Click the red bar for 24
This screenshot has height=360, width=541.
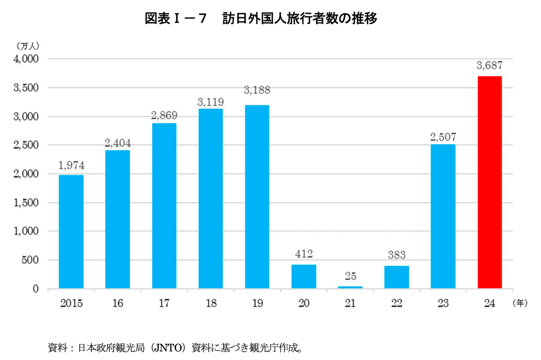coord(489,182)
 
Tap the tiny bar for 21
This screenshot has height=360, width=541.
coord(350,287)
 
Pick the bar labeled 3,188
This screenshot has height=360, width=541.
coord(257,197)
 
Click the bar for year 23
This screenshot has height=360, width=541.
coord(443,217)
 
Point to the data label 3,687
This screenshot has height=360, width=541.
coord(489,66)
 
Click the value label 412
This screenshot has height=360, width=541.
coord(303,254)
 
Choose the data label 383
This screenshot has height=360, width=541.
coord(396,255)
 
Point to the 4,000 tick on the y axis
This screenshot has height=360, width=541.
coord(27,59)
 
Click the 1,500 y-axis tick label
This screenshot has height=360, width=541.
coord(27,203)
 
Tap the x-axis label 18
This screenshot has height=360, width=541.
coord(211,304)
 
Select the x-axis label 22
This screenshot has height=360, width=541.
coord(396,304)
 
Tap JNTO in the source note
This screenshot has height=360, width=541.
coord(168,348)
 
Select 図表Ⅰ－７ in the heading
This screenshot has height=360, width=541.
coord(176,19)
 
